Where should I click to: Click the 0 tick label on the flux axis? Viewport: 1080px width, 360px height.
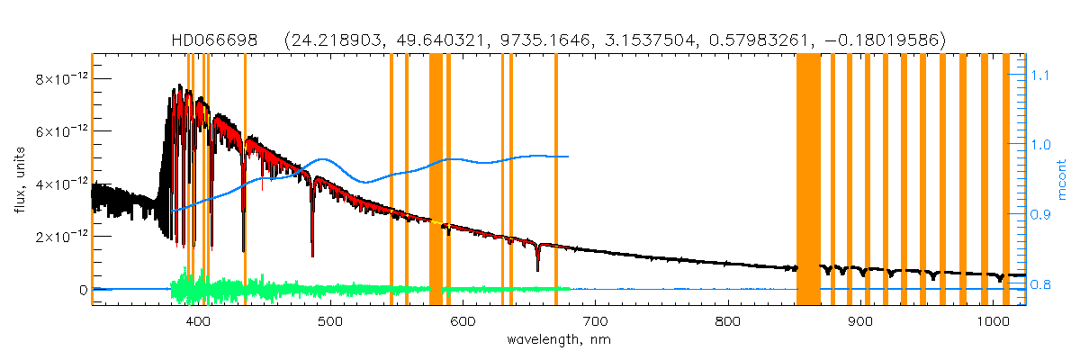(x=83, y=290)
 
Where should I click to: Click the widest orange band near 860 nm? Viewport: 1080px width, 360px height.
(x=808, y=180)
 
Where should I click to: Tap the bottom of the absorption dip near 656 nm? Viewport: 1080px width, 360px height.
(x=537, y=269)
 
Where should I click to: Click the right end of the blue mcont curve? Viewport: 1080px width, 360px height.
(x=568, y=157)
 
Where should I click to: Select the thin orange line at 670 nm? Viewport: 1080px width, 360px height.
(x=556, y=180)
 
